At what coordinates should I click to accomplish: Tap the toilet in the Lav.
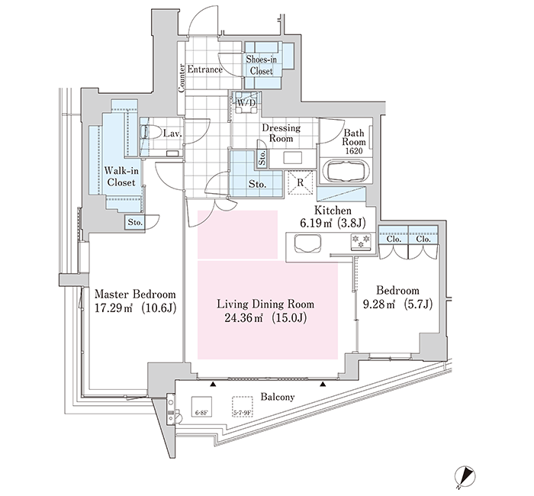point(150,132)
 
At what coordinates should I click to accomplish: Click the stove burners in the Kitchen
point(361,241)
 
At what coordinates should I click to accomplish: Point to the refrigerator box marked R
point(300,182)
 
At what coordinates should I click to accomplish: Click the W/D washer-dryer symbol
point(245,102)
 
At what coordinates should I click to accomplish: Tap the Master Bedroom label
point(135,294)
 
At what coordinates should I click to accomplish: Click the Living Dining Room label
point(265,304)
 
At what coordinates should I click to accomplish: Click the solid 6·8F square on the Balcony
point(201,407)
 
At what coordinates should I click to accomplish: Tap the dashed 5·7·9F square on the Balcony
point(243,407)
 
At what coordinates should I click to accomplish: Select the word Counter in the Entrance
point(182,78)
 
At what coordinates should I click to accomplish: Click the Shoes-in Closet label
point(262,65)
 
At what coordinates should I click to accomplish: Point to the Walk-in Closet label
point(121,176)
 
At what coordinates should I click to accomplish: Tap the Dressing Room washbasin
point(292,159)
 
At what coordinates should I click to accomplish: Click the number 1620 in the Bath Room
point(354,151)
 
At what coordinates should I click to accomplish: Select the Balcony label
point(278,397)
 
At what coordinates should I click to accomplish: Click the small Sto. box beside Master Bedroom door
point(135,223)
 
